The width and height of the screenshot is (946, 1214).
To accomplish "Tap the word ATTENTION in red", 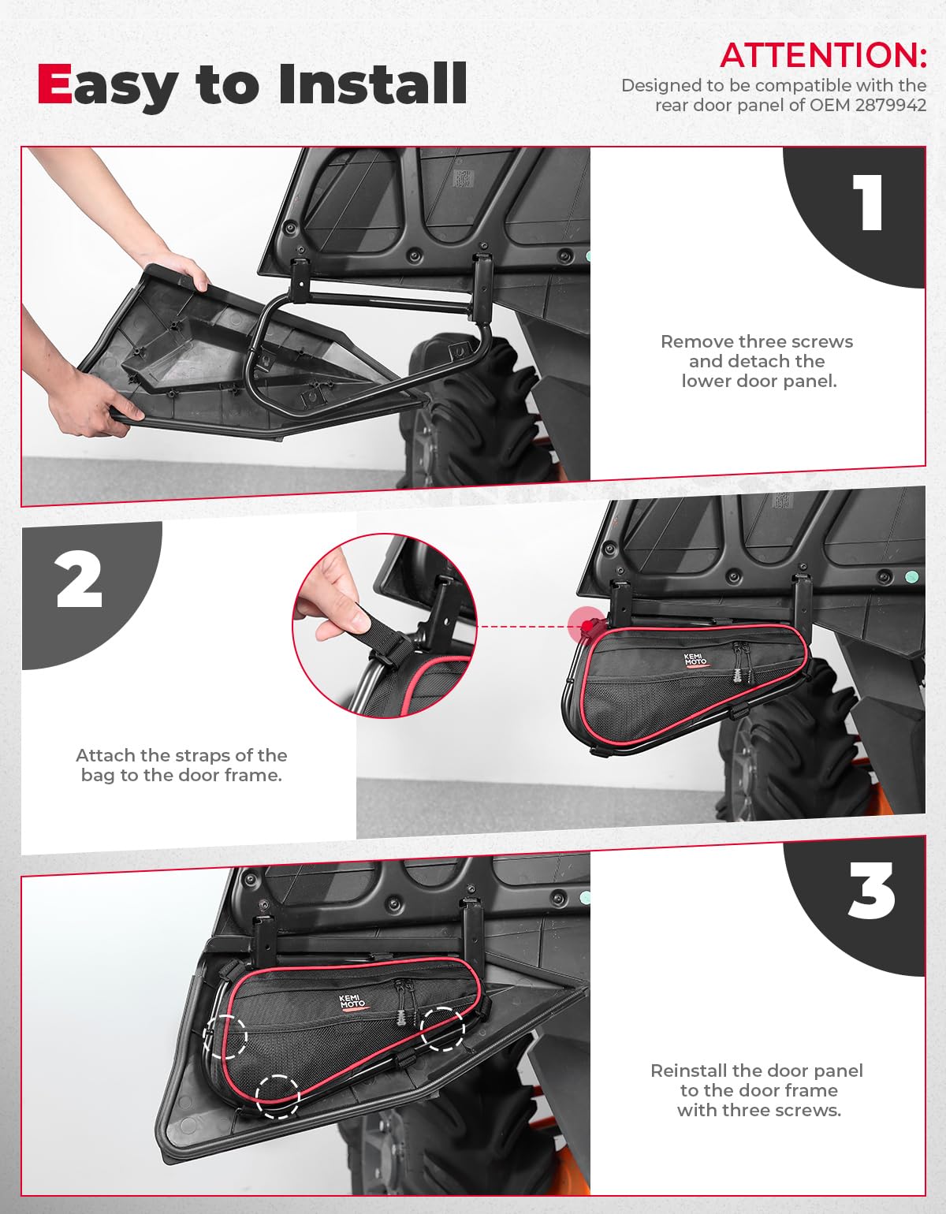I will [822, 55].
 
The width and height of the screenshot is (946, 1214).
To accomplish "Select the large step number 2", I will [80, 580].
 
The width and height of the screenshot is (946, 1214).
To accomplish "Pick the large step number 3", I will [871, 892].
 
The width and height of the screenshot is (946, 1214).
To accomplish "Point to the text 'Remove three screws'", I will [756, 341].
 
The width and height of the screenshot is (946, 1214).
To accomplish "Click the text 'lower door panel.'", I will [758, 381].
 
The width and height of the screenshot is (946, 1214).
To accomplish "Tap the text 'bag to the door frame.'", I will [181, 775].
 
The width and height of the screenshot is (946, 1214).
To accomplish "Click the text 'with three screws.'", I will [758, 1110].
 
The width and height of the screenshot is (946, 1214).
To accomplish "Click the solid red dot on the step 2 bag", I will [587, 625].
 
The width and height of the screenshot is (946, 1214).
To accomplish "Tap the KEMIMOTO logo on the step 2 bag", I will [695, 660].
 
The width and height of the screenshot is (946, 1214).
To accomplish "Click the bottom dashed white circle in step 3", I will [277, 1096].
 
